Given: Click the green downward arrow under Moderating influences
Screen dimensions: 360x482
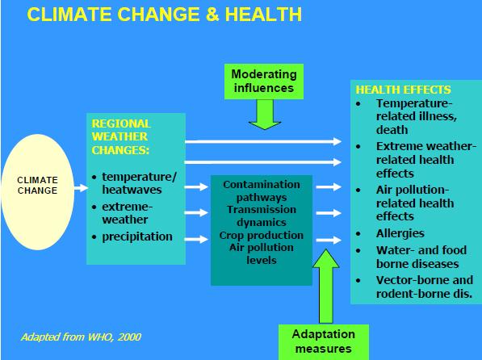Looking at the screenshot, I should point(263,116).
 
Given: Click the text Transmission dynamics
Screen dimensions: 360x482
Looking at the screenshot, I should point(261,216).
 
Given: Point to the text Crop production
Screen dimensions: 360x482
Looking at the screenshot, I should point(261,235).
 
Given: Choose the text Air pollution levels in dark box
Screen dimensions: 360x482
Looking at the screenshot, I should point(261,254).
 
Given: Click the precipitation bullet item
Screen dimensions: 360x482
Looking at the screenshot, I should point(137,237).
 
